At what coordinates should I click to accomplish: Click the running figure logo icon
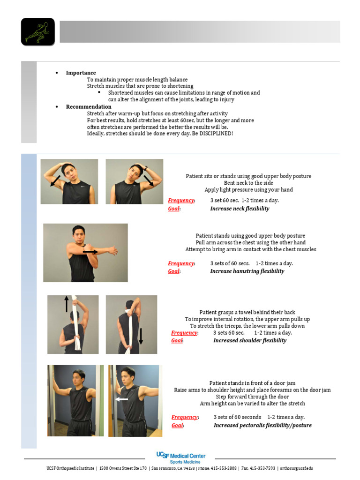point(38,32)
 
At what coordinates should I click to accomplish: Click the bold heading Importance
point(81,73)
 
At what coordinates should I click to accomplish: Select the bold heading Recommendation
point(89,106)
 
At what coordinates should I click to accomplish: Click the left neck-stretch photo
point(69,181)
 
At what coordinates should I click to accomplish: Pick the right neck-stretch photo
point(135,181)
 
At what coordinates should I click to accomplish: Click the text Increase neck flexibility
point(240,209)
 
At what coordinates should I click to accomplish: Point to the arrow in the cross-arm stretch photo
point(90,252)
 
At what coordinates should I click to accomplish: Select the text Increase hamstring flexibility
point(247,271)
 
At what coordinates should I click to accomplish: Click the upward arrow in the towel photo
point(67,304)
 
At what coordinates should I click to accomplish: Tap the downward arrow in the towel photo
point(141,336)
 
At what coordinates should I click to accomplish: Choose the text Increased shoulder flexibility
point(249,340)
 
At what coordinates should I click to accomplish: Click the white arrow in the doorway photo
point(122,399)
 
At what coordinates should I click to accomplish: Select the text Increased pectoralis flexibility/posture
point(262,425)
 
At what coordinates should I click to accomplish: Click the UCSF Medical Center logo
point(180,457)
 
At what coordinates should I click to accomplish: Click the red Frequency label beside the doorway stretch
point(184,417)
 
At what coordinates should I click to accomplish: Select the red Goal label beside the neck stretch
point(173,209)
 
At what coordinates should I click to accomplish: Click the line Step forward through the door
point(252,397)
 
